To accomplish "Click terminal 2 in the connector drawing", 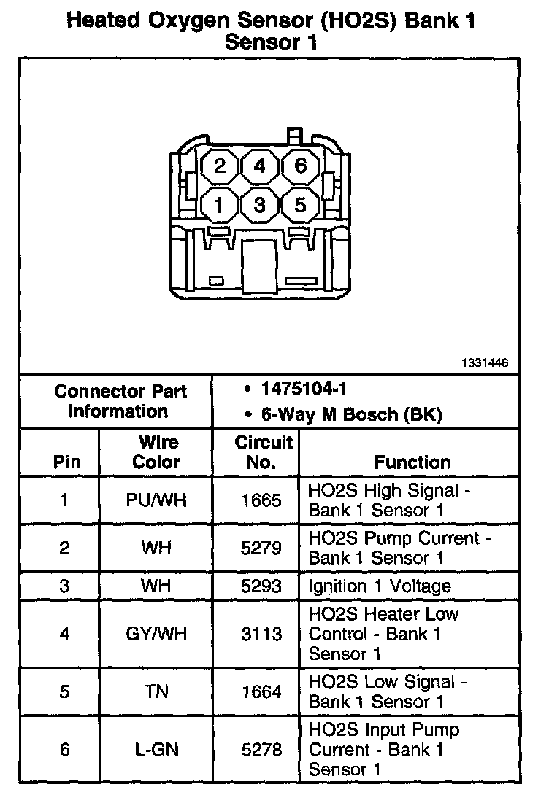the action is coord(219,166).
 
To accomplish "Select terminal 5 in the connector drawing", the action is coord(300,205).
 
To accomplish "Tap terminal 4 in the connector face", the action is coord(259,166).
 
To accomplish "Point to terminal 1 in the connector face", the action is coord(219,205).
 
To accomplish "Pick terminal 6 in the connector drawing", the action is coord(300,166).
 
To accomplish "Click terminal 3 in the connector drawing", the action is coord(259,205).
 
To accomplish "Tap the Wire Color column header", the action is coord(156,452).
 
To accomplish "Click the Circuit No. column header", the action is coord(263,452).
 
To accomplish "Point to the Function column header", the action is coord(412,462).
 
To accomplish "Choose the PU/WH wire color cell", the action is coord(156,500).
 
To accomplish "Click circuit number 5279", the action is coord(261,548).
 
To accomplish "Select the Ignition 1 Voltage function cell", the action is coord(380,586).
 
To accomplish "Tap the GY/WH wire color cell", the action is coord(156,634).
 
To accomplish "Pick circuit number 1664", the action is coord(261,691).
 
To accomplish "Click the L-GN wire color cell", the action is coord(156,749).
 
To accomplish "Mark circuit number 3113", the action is coord(261,634).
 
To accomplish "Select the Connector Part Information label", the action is coord(120,400).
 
